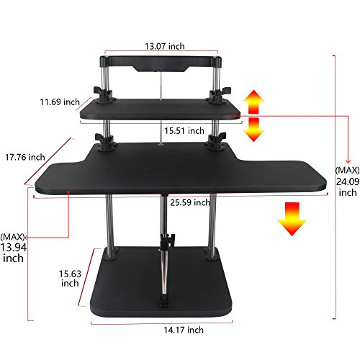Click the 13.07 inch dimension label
(x=165, y=46)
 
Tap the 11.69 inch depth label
(x=60, y=102)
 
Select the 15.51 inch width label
(x=184, y=131)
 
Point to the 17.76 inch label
(x=25, y=157)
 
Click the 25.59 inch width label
(x=190, y=203)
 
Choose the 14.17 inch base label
(x=184, y=330)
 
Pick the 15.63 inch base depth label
(x=70, y=279)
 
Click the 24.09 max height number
(x=348, y=181)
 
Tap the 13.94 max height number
(x=14, y=248)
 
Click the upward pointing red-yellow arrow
(x=253, y=102)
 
